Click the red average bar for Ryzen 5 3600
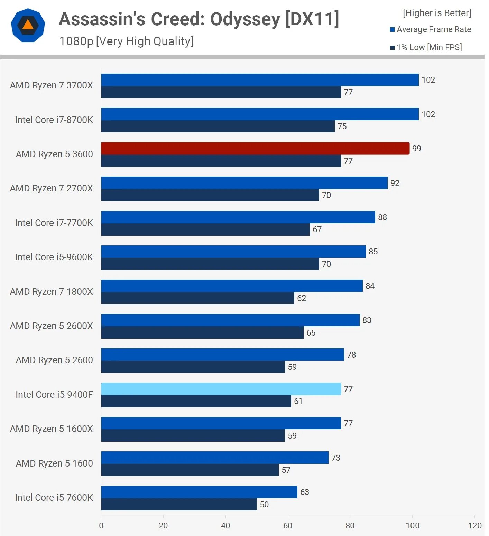255,148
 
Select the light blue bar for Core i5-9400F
221,389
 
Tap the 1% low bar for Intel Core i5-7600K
179,504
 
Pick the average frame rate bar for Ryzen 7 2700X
244,183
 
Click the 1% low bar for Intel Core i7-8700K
218,126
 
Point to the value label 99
416,149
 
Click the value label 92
395,183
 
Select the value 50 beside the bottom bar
264,505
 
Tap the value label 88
382,217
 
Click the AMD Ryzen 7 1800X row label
51,292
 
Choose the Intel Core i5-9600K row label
54,257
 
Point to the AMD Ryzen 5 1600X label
51,429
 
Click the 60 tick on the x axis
288,526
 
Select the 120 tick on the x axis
474,526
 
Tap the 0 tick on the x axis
101,526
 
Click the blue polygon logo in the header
28,26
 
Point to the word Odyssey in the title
245,19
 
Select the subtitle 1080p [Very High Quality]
126,41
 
